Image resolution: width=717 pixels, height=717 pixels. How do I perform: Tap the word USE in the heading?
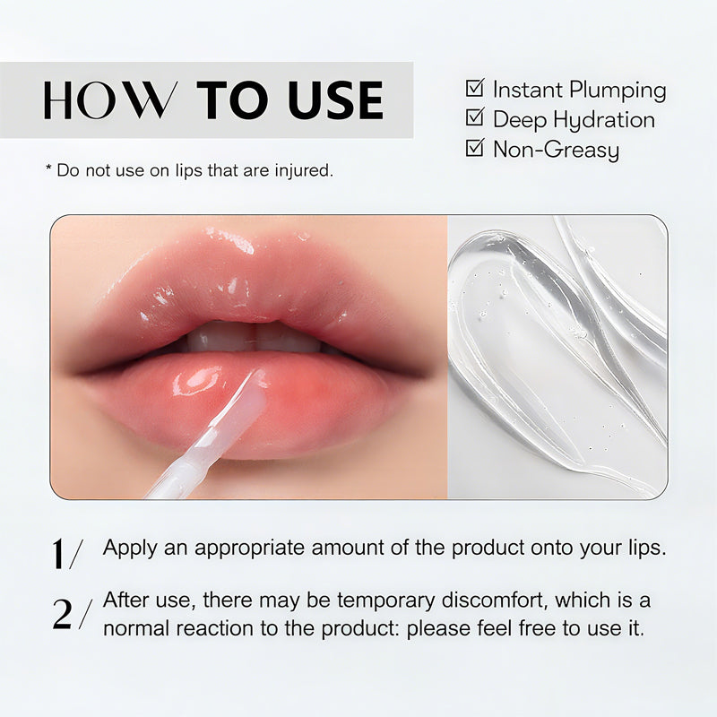(x=336, y=100)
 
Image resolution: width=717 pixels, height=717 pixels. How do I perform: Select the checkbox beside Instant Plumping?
(x=475, y=88)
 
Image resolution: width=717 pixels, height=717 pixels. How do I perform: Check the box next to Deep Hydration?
(x=475, y=117)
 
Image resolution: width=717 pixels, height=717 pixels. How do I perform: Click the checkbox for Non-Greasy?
(x=475, y=147)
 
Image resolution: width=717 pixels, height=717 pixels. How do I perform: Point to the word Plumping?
(x=618, y=91)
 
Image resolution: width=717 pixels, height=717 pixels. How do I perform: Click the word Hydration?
(x=603, y=120)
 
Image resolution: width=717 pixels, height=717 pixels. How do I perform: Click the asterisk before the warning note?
(x=48, y=168)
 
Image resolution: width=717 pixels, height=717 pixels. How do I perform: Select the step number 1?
(x=58, y=554)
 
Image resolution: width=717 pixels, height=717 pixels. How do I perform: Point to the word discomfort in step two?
(x=495, y=600)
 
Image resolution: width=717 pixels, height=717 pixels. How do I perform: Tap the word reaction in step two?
(x=214, y=629)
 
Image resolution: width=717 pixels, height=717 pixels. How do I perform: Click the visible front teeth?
(x=255, y=339)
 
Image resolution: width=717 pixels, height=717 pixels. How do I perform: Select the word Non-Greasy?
(x=556, y=150)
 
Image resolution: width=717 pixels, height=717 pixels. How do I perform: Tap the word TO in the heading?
(x=232, y=100)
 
